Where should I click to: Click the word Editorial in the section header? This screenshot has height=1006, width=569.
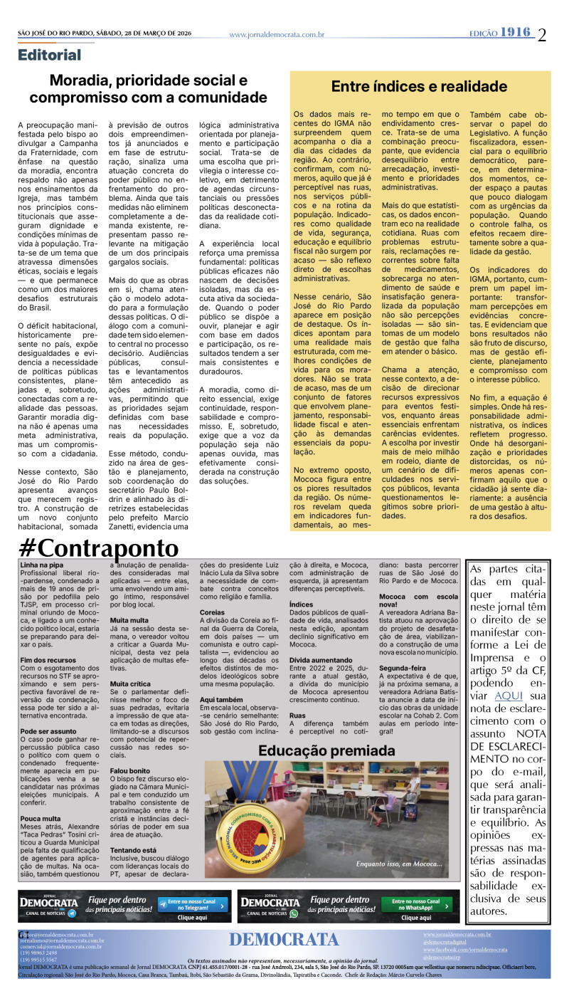tap(50, 55)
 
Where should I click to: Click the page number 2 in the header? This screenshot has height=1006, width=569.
tap(543, 34)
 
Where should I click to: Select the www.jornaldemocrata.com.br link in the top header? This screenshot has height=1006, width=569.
tap(277, 34)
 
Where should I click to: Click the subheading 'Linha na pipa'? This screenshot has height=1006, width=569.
tap(41, 564)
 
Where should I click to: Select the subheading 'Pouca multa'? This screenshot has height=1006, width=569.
tap(40, 778)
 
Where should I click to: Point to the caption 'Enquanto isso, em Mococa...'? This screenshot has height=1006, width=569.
tap(399, 864)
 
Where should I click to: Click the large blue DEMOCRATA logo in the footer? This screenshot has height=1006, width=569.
tap(284, 940)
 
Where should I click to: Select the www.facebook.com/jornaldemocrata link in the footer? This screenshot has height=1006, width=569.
tap(465, 950)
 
